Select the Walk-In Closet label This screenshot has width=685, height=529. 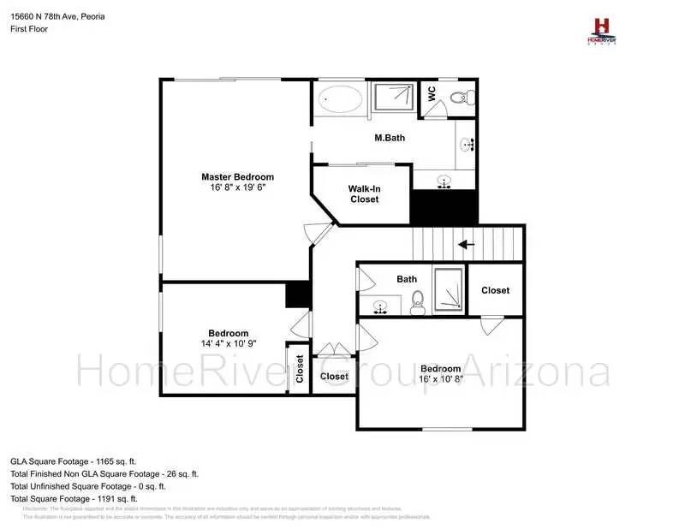364,193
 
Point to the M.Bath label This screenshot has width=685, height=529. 390,137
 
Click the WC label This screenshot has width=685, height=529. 432,93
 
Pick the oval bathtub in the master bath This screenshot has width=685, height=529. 340,99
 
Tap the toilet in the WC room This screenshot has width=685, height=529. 460,94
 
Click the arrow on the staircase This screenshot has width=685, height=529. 467,245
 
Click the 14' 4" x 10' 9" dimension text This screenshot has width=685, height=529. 228,343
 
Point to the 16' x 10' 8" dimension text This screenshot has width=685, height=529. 440,379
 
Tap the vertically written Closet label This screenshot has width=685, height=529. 300,370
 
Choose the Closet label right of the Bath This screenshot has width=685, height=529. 495,290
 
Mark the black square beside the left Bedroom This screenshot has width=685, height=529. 297,294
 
